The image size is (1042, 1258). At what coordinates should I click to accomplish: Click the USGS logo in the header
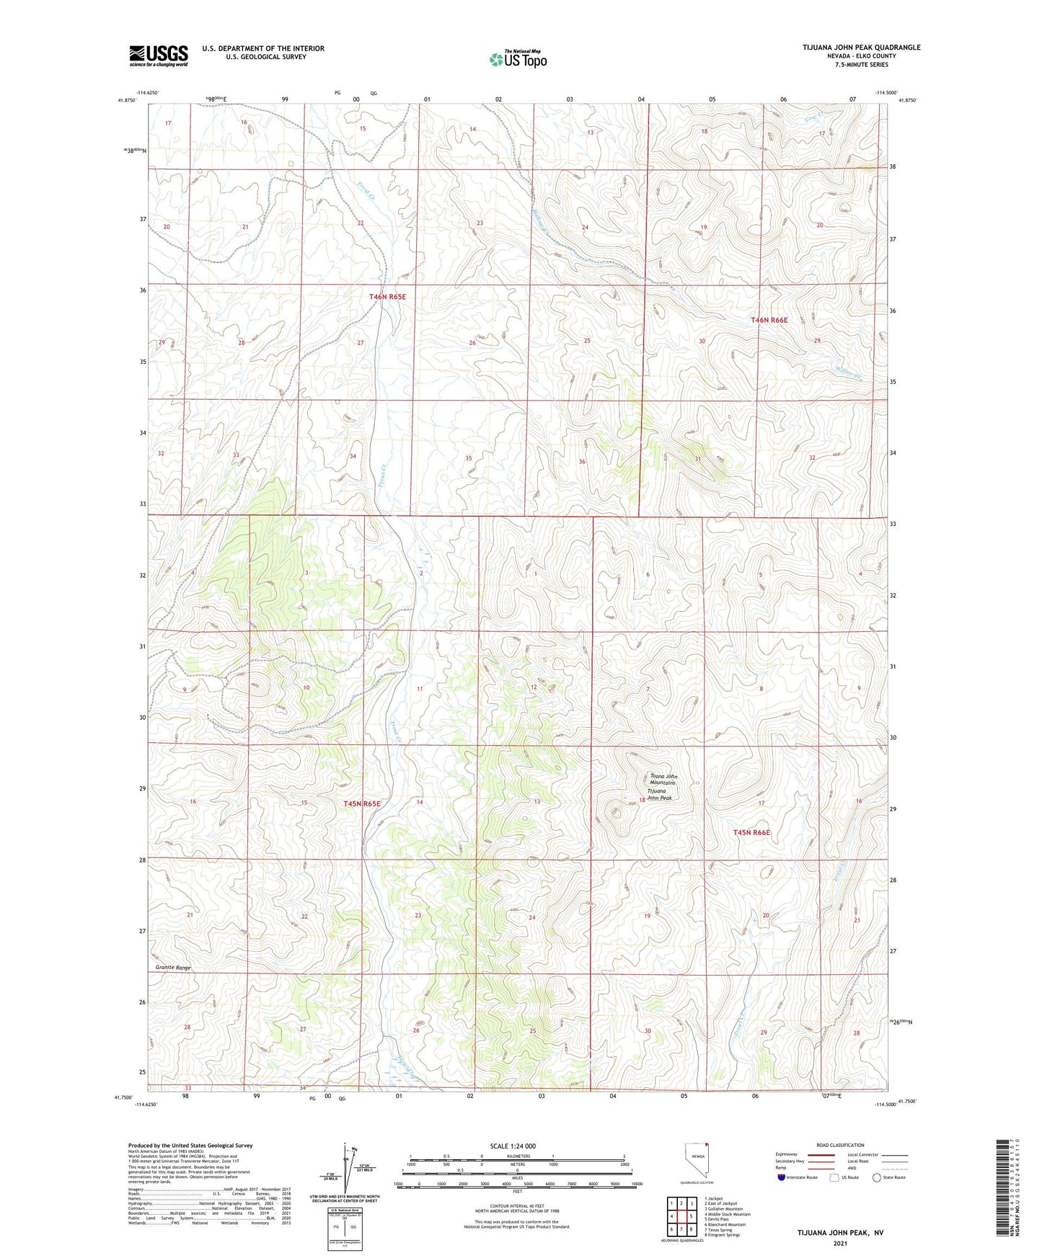tap(159, 55)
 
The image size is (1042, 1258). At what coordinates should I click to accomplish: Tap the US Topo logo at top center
tap(517, 60)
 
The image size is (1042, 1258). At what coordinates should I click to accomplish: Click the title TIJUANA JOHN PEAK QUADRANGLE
tap(861, 48)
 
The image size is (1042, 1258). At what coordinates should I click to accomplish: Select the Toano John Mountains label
tap(663, 779)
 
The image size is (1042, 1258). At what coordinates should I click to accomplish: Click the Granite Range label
tap(173, 968)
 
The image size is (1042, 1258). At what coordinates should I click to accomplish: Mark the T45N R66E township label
tap(751, 832)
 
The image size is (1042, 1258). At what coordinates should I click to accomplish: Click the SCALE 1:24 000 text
tap(513, 1146)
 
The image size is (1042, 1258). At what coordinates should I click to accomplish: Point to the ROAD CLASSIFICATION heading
tap(840, 1145)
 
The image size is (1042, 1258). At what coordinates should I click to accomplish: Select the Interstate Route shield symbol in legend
tap(782, 1178)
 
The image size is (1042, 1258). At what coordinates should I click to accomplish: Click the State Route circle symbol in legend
tap(877, 1178)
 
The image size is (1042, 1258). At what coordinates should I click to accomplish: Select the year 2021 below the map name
tap(840, 1244)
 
